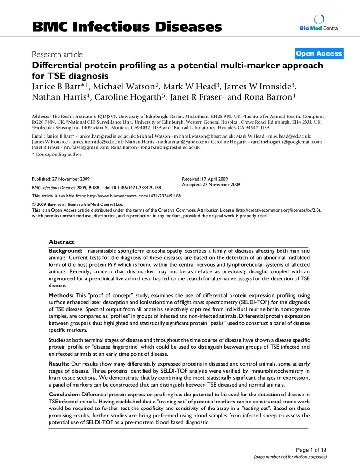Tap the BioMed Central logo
(319, 24)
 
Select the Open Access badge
(319, 54)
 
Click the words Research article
(57, 55)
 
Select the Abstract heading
(61, 242)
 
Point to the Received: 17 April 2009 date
(205, 179)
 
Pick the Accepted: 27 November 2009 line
(211, 185)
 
